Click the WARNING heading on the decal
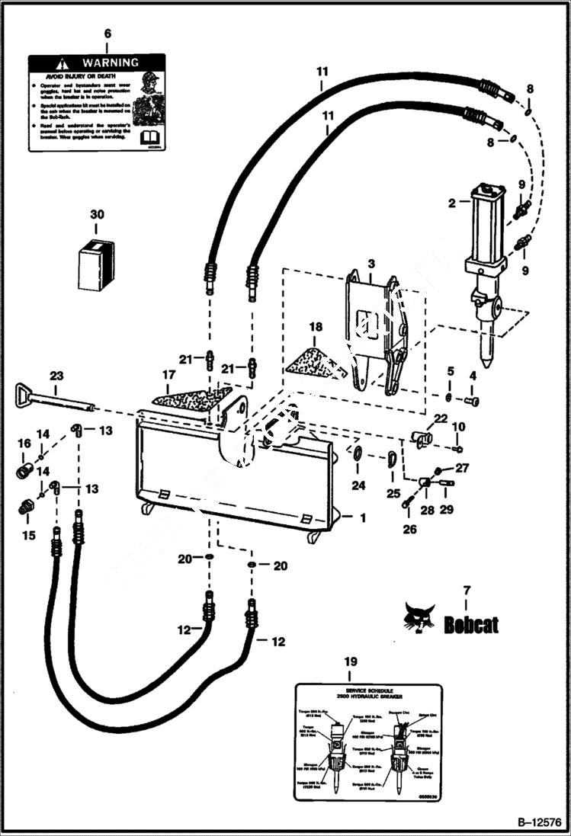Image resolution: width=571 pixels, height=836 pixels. (110, 62)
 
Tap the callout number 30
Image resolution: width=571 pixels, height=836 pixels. (96, 215)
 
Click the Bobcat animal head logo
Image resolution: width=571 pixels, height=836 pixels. (420, 617)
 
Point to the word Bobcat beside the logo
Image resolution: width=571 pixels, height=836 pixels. (471, 625)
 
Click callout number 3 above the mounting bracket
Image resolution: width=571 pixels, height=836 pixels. (371, 263)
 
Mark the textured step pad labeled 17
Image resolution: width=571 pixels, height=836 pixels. (191, 396)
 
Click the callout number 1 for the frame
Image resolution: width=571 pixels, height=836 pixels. (363, 517)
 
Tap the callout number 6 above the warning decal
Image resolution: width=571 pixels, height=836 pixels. (107, 34)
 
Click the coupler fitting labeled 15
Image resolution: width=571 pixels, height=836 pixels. (27, 508)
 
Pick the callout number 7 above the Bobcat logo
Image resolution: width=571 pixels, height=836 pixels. (466, 590)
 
